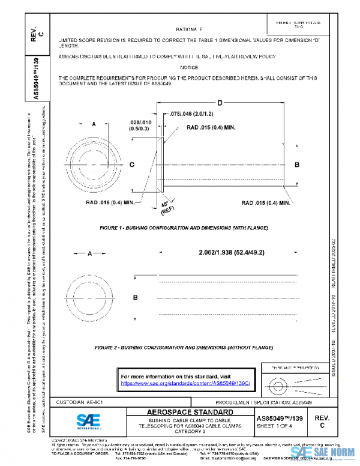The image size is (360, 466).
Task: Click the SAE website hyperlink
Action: [x=189, y=383]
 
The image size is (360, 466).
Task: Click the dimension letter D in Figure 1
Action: [x=220, y=104]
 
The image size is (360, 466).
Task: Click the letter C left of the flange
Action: [x=131, y=164]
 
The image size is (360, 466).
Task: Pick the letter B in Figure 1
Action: [x=296, y=164]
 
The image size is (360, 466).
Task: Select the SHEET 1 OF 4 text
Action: [x=280, y=426]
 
